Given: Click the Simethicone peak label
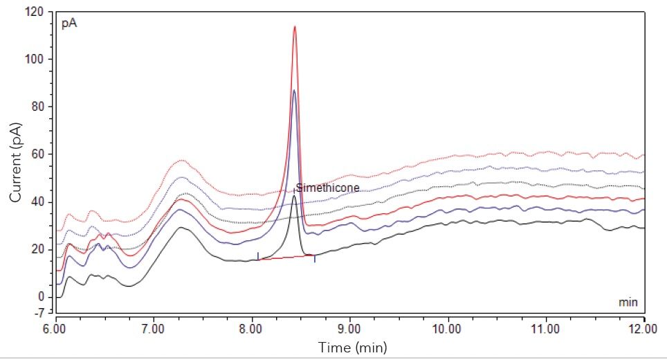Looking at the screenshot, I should point(328,188).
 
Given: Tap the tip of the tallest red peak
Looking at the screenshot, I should point(295,27).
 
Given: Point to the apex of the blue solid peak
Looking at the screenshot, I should point(294,91).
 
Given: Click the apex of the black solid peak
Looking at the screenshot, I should point(293,196).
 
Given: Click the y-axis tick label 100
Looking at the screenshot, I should point(37,60).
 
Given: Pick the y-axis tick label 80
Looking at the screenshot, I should point(39,107).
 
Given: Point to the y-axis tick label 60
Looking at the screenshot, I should point(39,154).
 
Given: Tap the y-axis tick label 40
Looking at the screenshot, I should point(39,201).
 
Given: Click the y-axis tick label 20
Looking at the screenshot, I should point(39,249).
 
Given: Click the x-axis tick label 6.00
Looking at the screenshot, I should point(55,328).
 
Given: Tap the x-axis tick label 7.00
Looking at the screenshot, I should point(154,328).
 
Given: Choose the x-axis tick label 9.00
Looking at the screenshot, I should point(349,328).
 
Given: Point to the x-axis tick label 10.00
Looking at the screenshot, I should point(448,328).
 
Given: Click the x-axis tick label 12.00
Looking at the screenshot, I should point(643,328).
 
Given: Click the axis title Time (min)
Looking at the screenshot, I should point(352,346).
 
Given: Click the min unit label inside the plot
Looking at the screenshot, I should point(627,303).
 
